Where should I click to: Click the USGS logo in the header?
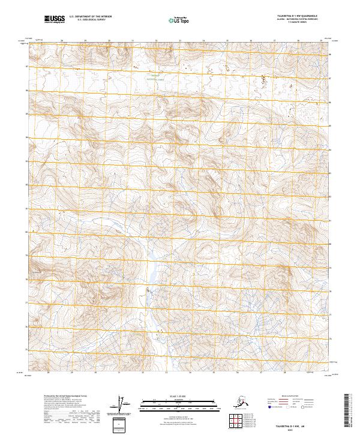(55, 19)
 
